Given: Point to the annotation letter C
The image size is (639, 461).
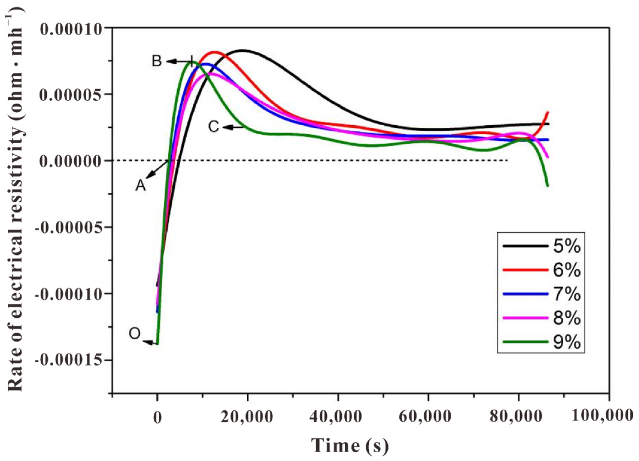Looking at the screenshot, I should tap(213, 127).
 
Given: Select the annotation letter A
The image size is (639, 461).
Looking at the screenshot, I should tap(141, 185).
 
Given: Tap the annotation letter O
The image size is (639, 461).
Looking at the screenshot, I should tap(134, 334).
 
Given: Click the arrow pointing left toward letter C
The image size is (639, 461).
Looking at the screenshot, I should tap(233, 127).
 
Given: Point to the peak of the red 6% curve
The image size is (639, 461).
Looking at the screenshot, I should tap(215, 52).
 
